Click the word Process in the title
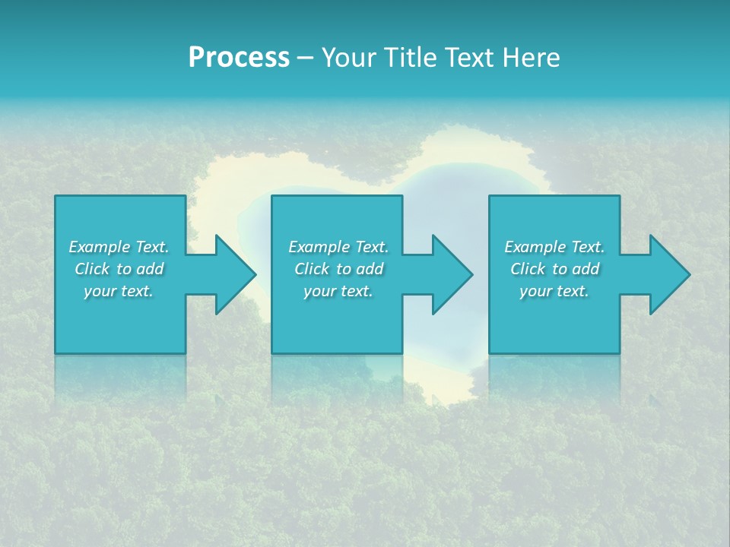239,58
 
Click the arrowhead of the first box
236,274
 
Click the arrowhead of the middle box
453,274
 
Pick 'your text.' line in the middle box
338,291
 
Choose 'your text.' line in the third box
554,291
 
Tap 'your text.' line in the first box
118,291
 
